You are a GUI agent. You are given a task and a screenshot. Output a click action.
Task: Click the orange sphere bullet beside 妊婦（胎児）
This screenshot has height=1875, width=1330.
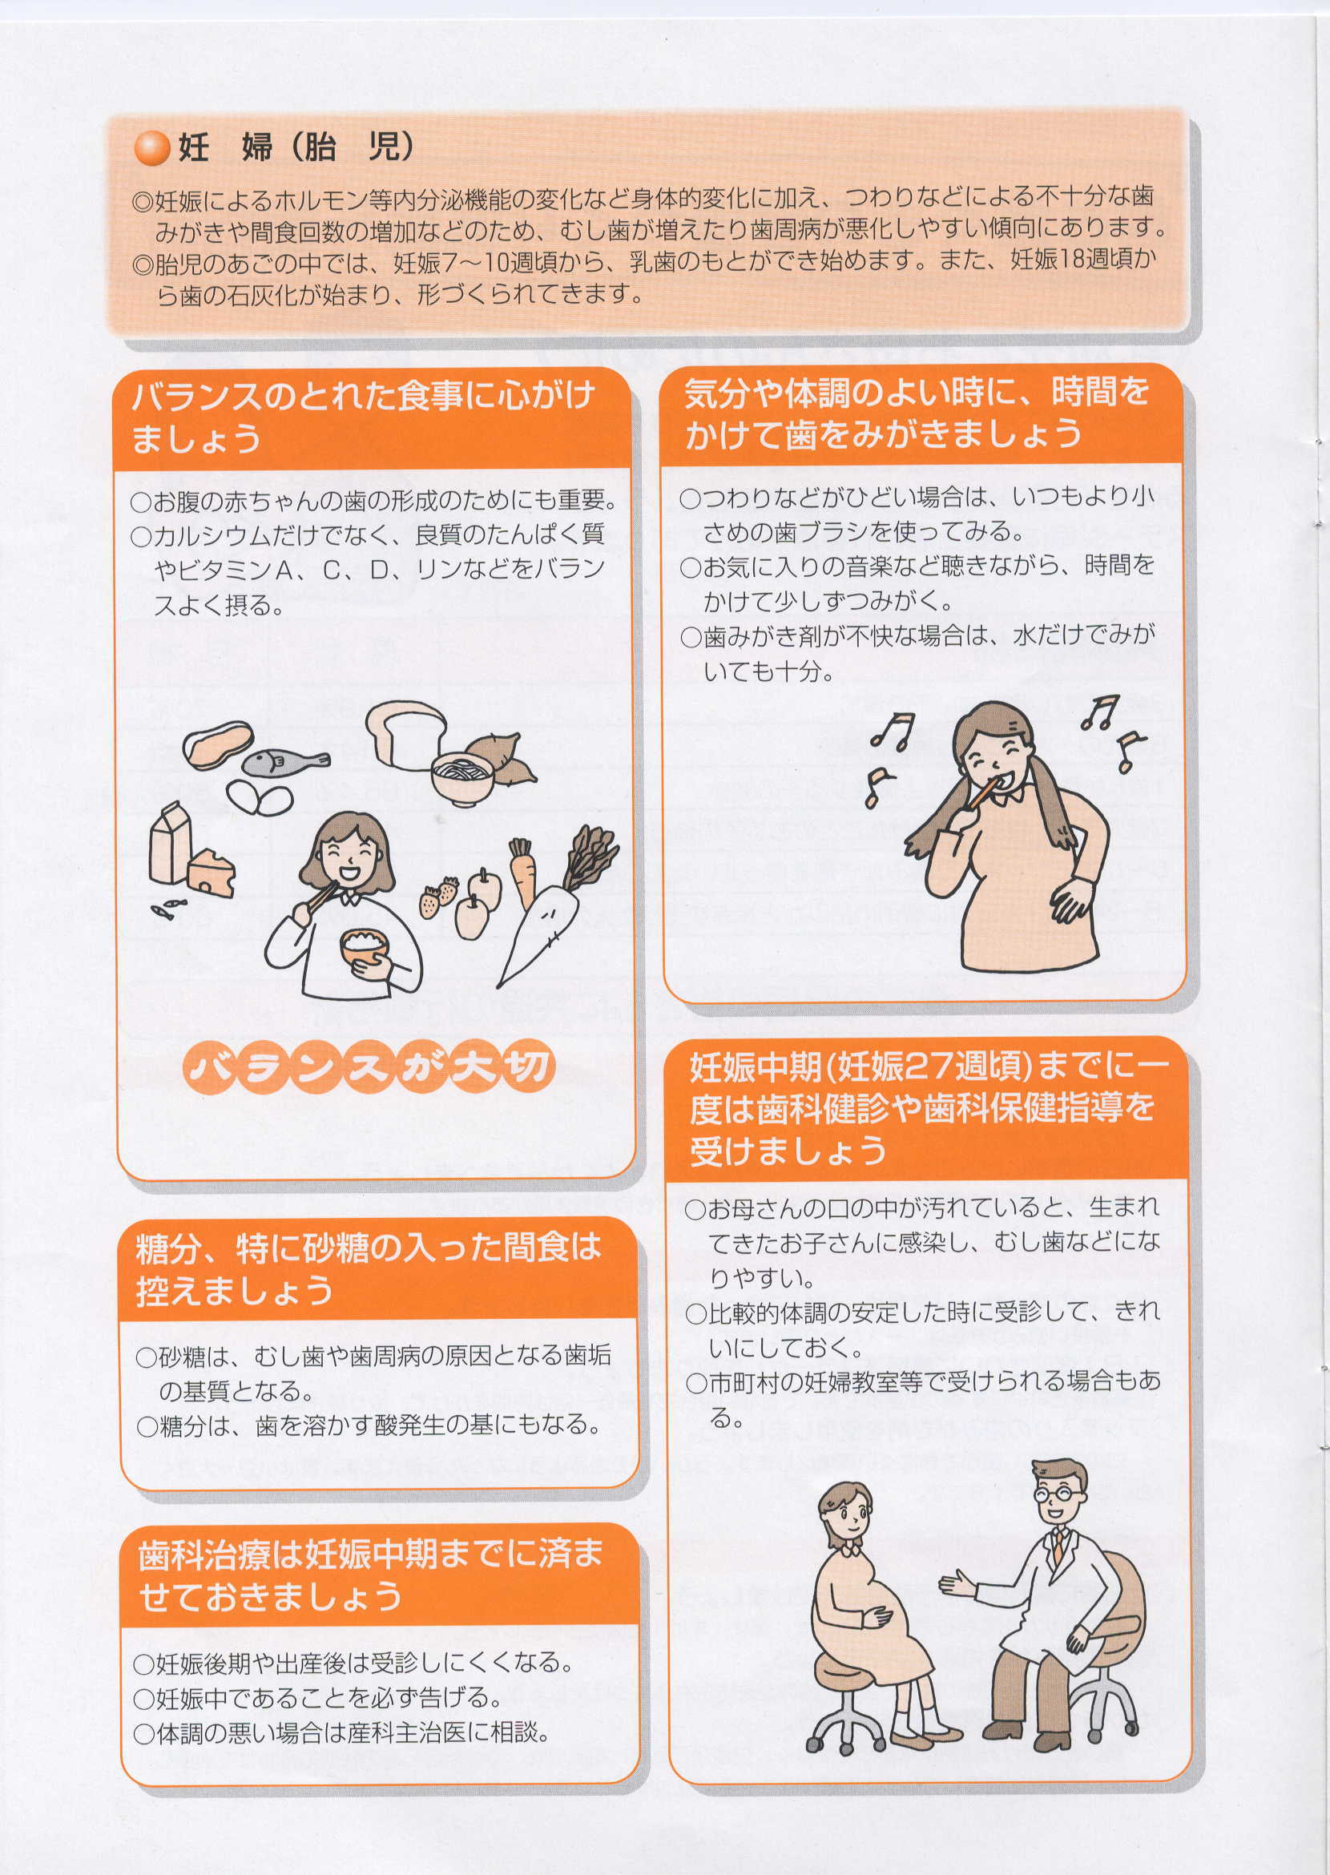pyautogui.click(x=152, y=150)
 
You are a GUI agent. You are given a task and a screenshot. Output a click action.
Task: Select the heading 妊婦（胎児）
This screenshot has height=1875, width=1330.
pyautogui.click(x=295, y=148)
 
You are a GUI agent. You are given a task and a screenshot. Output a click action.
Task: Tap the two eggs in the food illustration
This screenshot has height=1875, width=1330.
pyautogui.click(x=259, y=797)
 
